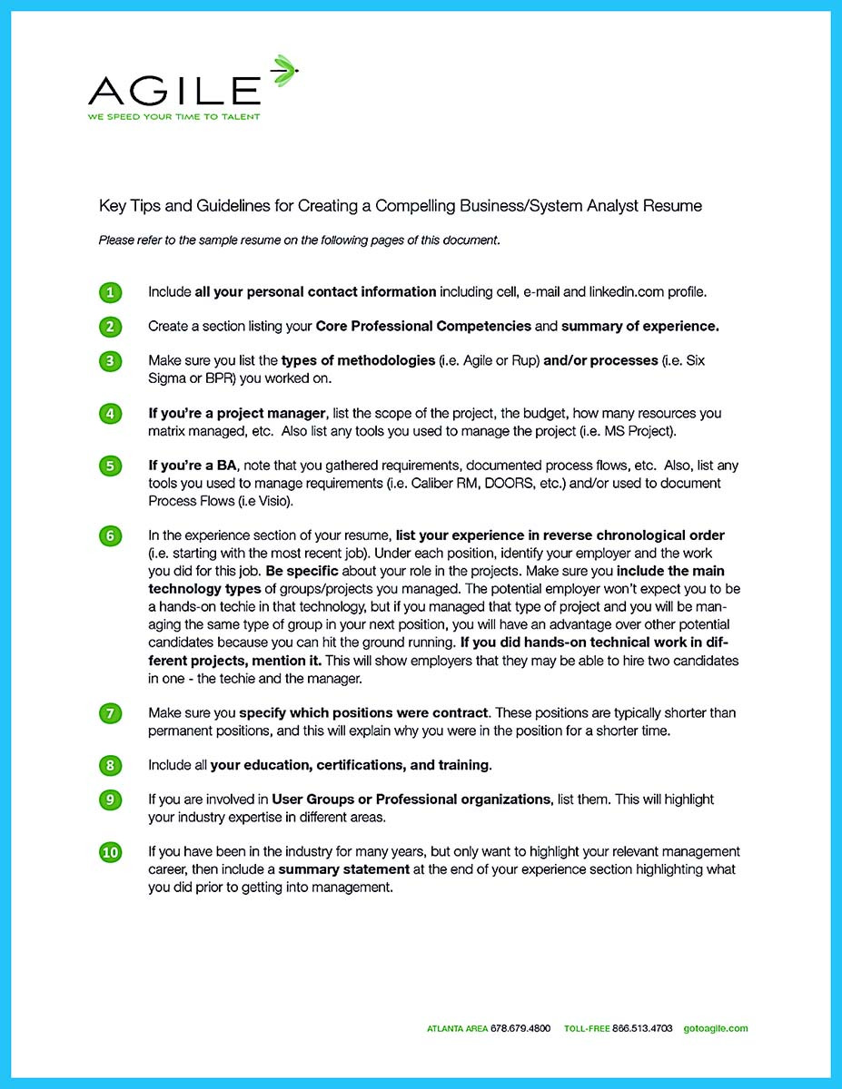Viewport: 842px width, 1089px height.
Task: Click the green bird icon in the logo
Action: [283, 68]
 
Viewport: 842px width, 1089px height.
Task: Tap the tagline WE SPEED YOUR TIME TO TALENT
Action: [173, 117]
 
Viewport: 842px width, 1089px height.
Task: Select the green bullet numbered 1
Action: [110, 292]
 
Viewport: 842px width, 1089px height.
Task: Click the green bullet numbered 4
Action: [110, 414]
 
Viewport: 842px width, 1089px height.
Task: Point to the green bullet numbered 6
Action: [110, 535]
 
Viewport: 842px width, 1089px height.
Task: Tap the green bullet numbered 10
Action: [110, 852]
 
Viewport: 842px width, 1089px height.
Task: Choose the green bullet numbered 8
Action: [110, 766]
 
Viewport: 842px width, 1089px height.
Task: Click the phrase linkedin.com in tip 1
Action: [627, 292]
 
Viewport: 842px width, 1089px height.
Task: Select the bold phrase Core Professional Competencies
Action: [422, 326]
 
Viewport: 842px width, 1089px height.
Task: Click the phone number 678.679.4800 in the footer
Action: [520, 1029]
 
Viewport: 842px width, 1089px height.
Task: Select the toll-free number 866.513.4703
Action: [643, 1029]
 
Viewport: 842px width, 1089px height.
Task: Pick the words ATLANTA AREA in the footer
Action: [457, 1029]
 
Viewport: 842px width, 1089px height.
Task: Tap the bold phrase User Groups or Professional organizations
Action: [411, 800]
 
